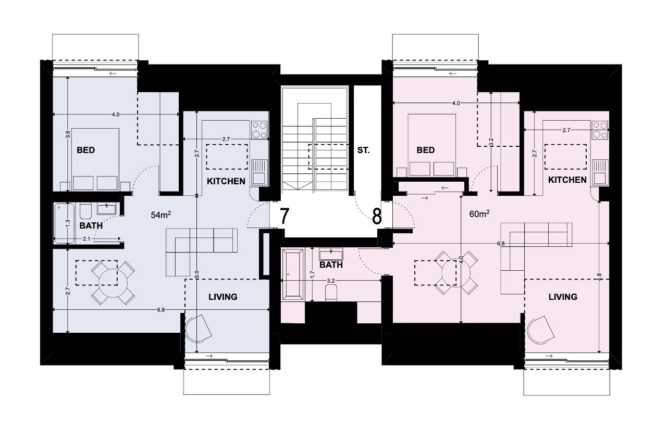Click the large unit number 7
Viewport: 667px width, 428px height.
(x=285, y=217)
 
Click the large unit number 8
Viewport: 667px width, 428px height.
(x=377, y=217)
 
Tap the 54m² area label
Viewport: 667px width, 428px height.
(x=161, y=215)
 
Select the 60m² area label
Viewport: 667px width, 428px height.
(x=479, y=213)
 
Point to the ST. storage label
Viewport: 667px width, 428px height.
(x=363, y=150)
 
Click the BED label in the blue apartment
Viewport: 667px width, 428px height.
(x=86, y=150)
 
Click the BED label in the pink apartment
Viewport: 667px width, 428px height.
(x=426, y=150)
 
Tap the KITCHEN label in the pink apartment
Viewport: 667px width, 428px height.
(x=567, y=180)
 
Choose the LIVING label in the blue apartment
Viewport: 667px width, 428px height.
(x=223, y=297)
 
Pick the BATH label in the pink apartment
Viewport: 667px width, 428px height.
(x=331, y=265)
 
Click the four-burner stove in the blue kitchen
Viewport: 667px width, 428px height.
(x=259, y=130)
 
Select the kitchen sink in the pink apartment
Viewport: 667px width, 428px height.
(x=600, y=172)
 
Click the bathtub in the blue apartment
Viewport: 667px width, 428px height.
(x=64, y=223)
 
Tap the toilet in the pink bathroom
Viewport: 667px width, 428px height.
(x=331, y=293)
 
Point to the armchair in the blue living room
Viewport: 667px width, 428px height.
(x=198, y=329)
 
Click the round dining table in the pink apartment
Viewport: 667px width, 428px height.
(x=456, y=273)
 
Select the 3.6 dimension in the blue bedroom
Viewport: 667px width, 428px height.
(x=68, y=134)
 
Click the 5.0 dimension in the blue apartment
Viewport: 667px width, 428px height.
(x=196, y=274)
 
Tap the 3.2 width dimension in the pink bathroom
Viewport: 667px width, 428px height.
(x=331, y=281)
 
